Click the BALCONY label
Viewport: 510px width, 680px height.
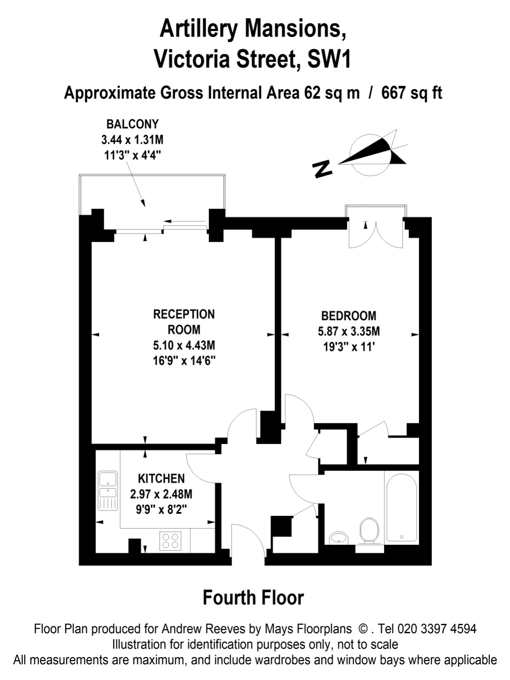click(x=132, y=124)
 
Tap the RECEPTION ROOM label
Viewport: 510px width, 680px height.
click(x=184, y=322)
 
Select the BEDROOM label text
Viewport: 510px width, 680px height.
click(x=348, y=316)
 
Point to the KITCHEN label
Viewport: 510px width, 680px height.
click(x=161, y=479)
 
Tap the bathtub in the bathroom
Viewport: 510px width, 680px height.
click(x=402, y=505)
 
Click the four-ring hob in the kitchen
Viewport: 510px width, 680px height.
click(x=170, y=541)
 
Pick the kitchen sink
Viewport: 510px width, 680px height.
click(x=108, y=486)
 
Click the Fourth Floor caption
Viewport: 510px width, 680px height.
click(x=253, y=598)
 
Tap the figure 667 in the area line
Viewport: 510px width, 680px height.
click(x=393, y=92)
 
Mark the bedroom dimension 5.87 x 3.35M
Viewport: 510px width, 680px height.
click(x=348, y=331)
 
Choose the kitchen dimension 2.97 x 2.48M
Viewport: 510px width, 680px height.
click(x=161, y=494)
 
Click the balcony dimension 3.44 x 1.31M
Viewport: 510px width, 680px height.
click(x=132, y=139)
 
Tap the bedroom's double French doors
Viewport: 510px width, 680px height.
click(x=376, y=233)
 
